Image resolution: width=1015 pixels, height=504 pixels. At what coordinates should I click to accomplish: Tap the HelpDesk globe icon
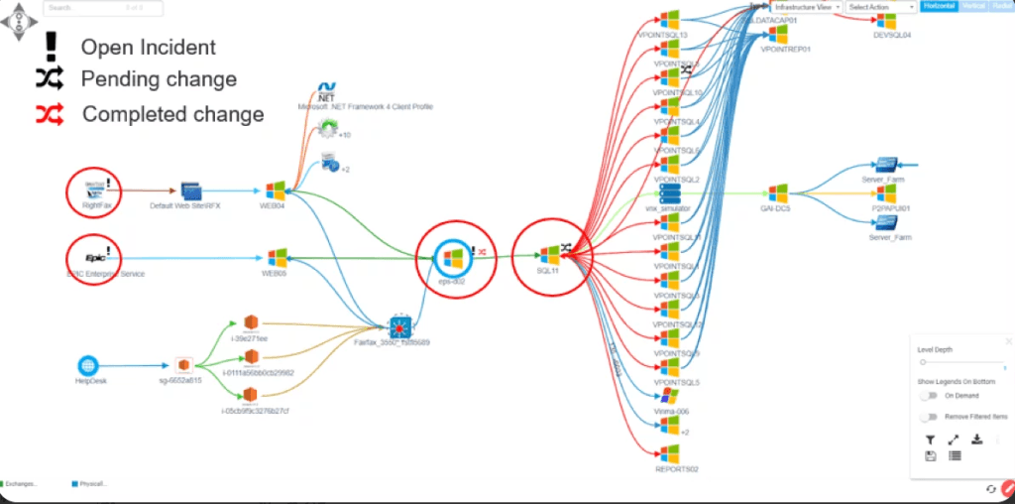pyautogui.click(x=89, y=365)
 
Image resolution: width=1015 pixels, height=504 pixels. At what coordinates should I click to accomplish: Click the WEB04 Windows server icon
pyautogui.click(x=276, y=189)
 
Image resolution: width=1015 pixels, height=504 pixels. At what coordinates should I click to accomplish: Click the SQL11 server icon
pyautogui.click(x=550, y=256)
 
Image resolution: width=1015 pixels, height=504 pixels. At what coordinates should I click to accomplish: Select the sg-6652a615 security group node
pyautogui.click(x=183, y=365)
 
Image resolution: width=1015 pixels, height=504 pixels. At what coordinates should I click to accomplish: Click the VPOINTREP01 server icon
pyautogui.click(x=778, y=34)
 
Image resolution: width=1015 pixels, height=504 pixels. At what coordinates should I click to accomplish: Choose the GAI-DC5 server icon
pyautogui.click(x=778, y=192)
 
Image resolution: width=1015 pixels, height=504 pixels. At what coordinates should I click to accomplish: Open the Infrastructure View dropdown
pyautogui.click(x=808, y=7)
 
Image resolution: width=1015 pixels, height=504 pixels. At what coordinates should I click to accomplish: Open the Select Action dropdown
pyautogui.click(x=880, y=7)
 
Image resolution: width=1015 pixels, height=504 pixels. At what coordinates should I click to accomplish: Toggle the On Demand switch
pyautogui.click(x=929, y=395)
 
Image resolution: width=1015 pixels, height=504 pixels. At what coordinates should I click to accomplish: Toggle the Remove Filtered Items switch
pyautogui.click(x=929, y=417)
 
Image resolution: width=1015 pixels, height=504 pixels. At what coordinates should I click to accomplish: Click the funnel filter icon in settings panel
pyautogui.click(x=930, y=439)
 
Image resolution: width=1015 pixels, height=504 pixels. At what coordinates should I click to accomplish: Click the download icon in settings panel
pyautogui.click(x=977, y=439)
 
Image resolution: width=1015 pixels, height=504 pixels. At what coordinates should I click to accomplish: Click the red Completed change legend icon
pyautogui.click(x=49, y=114)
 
